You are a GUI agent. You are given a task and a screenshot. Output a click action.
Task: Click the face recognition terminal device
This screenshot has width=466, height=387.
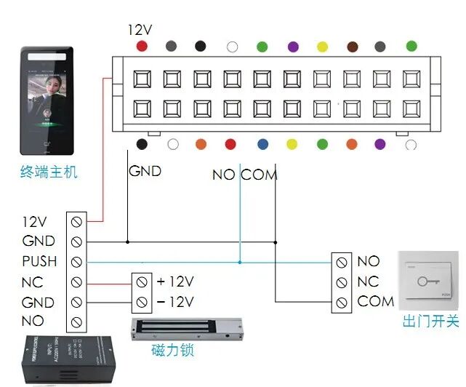point(47,101)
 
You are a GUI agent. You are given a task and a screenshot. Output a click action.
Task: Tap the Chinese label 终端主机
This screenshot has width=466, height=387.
point(49,173)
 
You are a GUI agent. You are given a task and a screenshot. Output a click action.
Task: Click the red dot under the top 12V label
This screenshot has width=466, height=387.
point(142,46)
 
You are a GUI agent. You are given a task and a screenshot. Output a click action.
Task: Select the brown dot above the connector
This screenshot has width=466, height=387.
point(353,46)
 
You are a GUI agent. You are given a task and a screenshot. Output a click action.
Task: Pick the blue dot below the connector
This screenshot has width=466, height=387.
point(262,144)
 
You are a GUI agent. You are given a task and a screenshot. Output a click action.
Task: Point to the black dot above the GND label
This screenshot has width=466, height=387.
point(142,144)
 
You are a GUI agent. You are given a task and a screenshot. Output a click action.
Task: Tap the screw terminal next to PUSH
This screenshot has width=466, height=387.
point(76,261)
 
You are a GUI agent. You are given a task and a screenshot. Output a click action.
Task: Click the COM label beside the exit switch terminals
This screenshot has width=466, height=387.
point(375,301)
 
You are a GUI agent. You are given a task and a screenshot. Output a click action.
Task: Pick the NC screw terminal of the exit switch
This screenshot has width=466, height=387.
point(342,282)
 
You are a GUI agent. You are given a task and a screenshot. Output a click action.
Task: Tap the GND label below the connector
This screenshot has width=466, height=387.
point(145,172)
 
